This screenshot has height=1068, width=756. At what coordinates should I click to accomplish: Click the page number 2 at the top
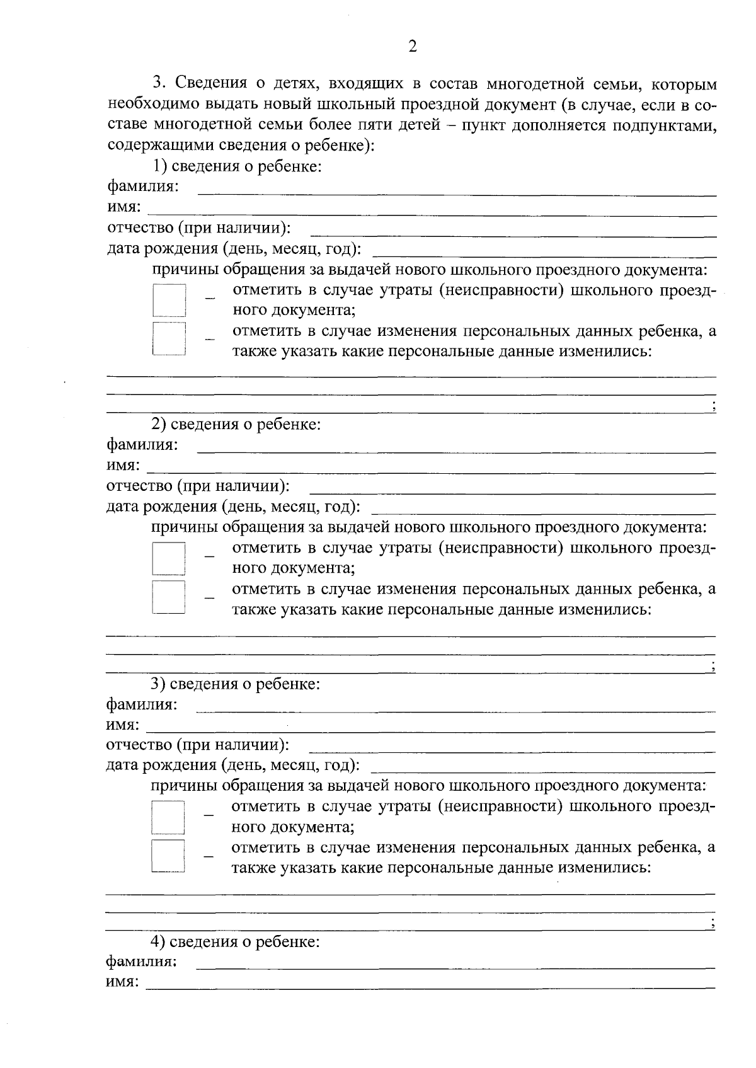click(x=413, y=47)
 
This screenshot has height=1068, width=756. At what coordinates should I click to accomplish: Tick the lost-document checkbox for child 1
click(x=169, y=300)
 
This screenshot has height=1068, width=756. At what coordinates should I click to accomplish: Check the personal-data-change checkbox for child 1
click(x=169, y=340)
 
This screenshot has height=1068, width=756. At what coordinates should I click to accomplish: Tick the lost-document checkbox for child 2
click(x=169, y=558)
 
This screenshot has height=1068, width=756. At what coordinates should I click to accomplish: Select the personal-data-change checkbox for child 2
click(x=169, y=597)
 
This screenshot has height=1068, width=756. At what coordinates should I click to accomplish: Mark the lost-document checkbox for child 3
click(x=168, y=817)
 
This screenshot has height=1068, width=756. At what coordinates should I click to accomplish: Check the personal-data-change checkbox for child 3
click(x=168, y=855)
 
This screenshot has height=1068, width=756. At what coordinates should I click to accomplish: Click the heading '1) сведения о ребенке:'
click(x=236, y=166)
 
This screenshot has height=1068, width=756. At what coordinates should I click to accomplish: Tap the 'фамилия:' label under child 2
click(x=142, y=445)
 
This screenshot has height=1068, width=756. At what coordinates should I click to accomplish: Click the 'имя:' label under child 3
click(x=123, y=725)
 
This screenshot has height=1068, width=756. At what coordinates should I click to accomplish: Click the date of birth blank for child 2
click(x=545, y=512)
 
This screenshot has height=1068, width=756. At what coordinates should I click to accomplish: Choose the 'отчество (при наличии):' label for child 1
click(x=199, y=227)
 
